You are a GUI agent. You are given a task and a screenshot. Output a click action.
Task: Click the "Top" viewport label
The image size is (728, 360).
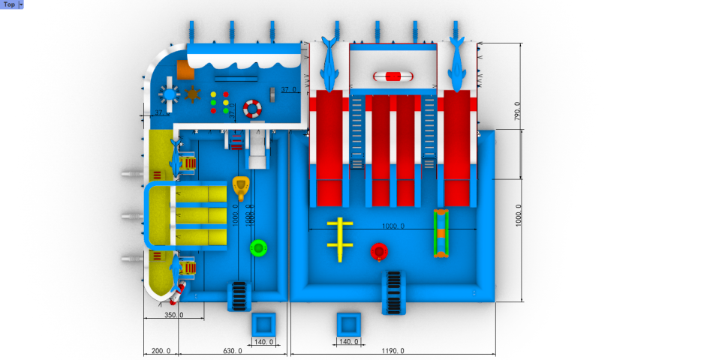click(10, 4)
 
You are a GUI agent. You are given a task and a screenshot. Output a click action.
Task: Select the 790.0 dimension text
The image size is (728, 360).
click(516, 110)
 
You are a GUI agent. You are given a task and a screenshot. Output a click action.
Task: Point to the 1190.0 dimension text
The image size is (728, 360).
click(392, 350)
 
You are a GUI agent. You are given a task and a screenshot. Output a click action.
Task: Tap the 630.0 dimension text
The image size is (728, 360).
click(233, 350)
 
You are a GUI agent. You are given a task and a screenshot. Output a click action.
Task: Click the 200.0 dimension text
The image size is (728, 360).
click(161, 350)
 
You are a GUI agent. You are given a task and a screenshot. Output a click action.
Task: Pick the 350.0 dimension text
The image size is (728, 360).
click(173, 315)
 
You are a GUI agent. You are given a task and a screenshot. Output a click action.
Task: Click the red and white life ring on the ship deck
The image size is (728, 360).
click(252, 109)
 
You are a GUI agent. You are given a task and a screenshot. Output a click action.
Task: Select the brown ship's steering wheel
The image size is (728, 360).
click(193, 94)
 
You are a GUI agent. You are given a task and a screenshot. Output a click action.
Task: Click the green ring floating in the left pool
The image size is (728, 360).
click(259, 247)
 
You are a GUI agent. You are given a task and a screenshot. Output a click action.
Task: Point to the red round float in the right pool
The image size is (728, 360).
click(379, 250)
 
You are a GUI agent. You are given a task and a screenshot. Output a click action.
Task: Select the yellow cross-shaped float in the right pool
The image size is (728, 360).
click(340, 239)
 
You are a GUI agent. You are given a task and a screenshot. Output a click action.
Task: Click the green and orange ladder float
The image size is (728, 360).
click(443, 233)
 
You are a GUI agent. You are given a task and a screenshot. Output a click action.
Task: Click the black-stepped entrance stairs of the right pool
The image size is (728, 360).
click(393, 292)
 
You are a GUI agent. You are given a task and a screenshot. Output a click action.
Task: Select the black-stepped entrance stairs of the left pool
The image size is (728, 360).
click(238, 295)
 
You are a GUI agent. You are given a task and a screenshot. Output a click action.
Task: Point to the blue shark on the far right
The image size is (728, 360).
click(456, 64)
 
